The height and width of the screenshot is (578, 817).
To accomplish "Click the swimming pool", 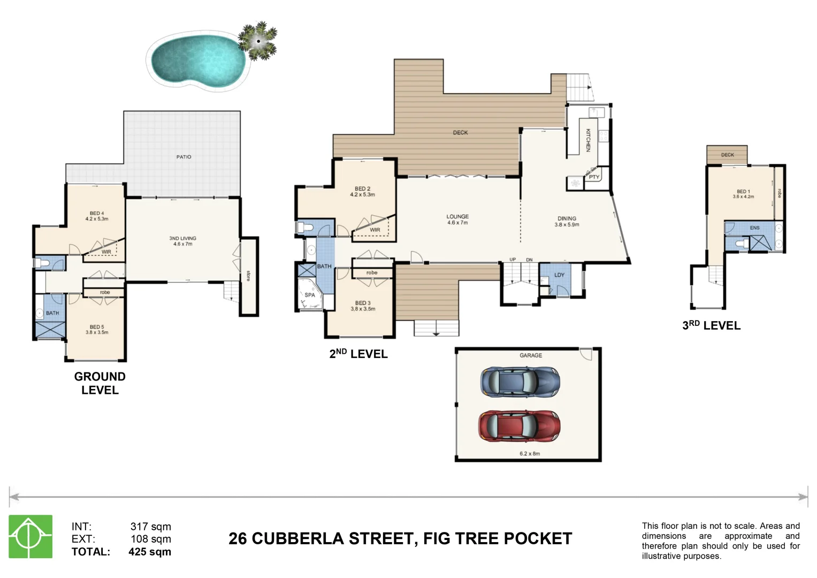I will coord(197,60).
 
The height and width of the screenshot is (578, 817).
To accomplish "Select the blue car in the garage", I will coord(520,382).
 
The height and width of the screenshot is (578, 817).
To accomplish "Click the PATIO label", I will coord(184,157).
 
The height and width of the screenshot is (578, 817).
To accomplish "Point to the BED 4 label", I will coord(97,214).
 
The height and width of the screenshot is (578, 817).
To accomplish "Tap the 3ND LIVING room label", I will coord(182,239).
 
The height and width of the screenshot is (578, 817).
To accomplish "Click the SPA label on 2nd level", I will coord(310,295).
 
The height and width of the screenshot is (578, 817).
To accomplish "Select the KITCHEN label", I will coord(587,140).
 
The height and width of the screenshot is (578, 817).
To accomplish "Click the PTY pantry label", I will coord(594,177).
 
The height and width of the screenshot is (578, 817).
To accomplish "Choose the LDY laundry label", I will coord(559,275).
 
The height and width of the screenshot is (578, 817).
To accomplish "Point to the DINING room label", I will coord(567,218).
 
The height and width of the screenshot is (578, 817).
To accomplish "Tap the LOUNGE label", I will coord(457,217).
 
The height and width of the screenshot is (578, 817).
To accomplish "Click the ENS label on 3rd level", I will coord(754,228).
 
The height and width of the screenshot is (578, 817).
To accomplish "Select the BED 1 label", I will coord(743,191).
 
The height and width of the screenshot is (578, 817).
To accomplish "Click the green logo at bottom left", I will coord(30,536).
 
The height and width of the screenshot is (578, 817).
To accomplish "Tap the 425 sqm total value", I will coord(150,552).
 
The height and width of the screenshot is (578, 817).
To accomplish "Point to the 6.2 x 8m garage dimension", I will coord(530,454).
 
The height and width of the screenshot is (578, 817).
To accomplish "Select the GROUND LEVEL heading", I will coord(100,383).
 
